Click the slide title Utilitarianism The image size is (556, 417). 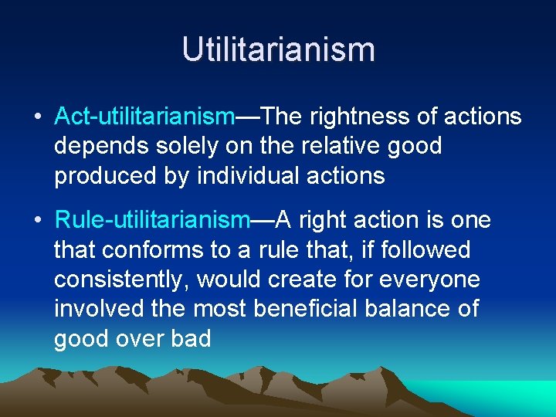[278, 49]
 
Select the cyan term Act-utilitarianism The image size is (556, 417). [144, 117]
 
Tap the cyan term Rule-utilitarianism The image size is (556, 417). [151, 221]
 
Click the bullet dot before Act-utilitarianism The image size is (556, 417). [37, 117]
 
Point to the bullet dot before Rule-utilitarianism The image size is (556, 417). [37, 222]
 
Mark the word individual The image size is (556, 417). [249, 175]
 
